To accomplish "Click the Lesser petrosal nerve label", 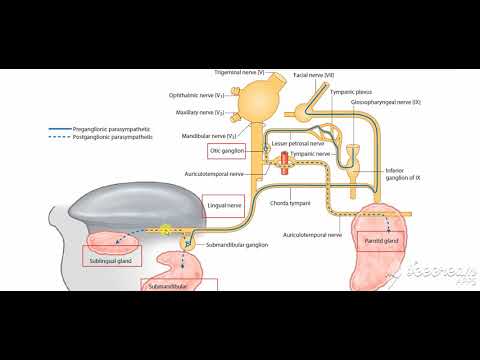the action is point(298,143).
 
